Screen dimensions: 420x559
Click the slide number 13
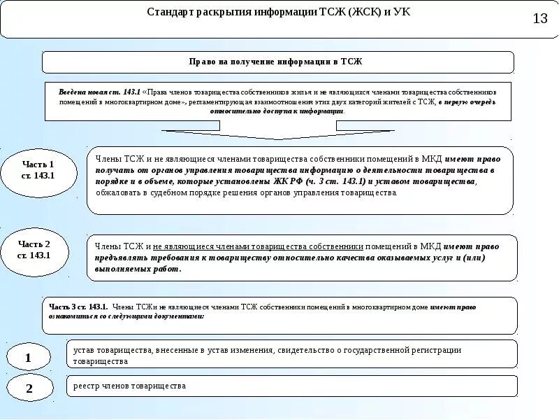[540, 19]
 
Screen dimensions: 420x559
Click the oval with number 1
[29, 359]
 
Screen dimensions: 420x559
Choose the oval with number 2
[29, 389]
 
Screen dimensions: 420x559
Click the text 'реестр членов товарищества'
[129, 386]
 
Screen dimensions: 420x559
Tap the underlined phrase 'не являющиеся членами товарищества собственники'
[258, 246]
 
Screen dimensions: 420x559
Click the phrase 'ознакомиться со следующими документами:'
[126, 316]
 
